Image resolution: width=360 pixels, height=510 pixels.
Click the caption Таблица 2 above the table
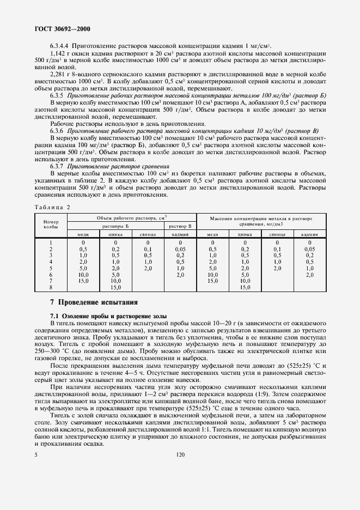coord(52,207)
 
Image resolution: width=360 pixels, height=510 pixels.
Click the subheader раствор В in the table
coord(180,225)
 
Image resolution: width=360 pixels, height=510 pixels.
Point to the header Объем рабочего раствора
coord(131,217)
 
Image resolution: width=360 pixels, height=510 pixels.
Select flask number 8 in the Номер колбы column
coord(51,287)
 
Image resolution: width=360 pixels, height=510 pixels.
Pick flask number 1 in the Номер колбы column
coord(51,241)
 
